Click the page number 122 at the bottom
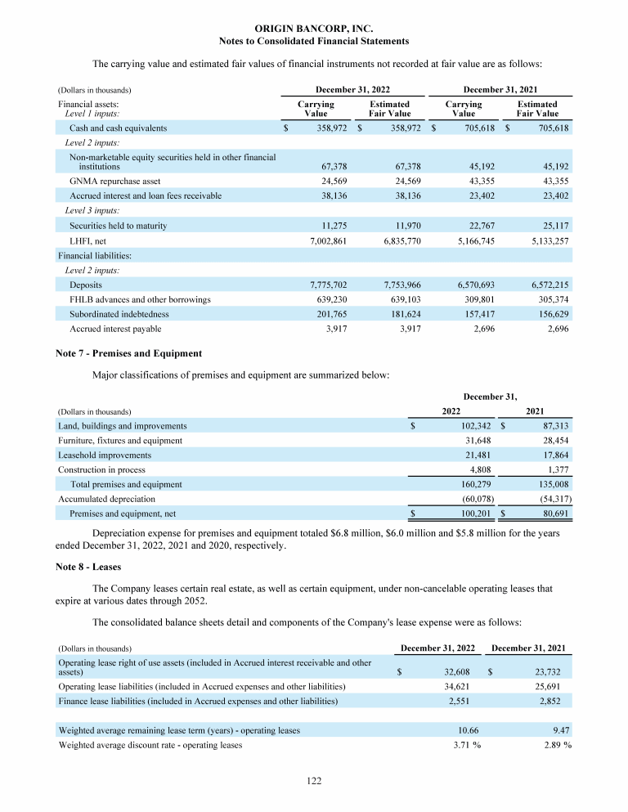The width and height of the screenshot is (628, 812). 314,782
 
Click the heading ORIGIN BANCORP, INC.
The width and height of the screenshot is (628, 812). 314,28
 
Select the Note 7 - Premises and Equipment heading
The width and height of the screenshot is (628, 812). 129,353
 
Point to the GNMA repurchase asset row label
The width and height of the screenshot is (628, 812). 114,181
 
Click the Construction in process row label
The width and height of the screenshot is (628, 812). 101,470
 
